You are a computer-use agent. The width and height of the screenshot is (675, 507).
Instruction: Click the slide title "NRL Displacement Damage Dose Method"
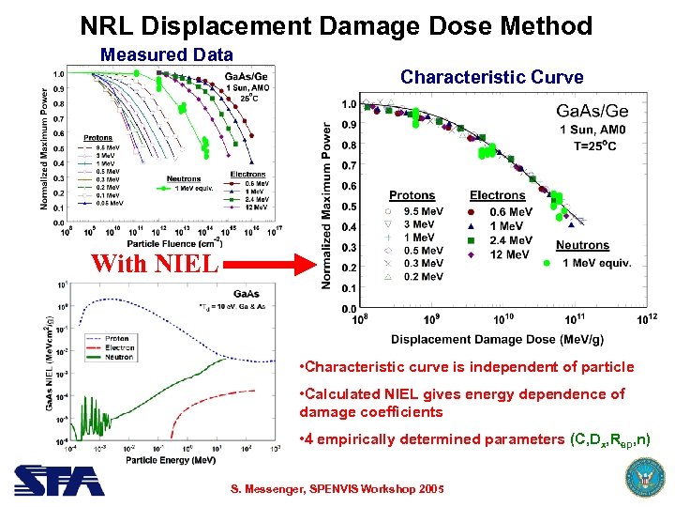click(337, 25)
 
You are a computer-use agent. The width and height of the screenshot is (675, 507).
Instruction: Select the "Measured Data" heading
click(166, 55)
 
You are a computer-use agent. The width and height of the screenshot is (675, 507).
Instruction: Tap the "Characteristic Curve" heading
click(491, 77)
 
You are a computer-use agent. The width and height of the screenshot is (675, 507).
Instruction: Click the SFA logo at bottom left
click(58, 480)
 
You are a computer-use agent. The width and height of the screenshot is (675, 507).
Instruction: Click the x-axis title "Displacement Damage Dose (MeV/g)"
click(498, 338)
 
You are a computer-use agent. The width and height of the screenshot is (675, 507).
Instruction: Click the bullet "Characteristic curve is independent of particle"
click(464, 366)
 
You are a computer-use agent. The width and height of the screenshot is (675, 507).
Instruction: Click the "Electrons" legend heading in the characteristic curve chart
click(497, 195)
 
